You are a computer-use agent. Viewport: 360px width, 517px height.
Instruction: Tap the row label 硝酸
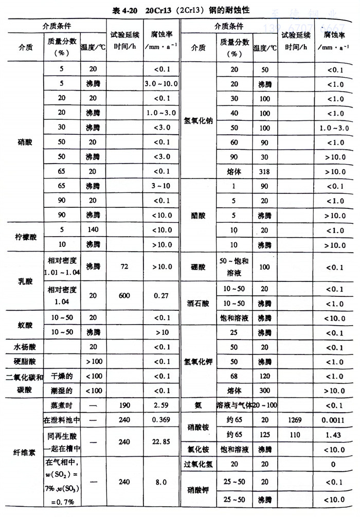[25, 141]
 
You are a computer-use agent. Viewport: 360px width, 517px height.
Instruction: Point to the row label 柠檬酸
[25, 237]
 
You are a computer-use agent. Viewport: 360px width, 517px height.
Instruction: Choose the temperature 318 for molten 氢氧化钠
[264, 170]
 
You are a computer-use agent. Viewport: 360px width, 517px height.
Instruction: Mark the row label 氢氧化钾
[198, 362]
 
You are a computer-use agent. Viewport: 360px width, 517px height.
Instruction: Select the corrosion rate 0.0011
[336, 420]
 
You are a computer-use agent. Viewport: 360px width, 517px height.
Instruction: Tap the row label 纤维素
[25, 453]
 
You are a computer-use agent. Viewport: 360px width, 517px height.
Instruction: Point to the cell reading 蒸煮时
[62, 405]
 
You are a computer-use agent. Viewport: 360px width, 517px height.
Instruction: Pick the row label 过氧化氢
[198, 463]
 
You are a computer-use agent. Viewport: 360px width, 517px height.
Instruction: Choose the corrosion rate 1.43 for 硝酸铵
[336, 434]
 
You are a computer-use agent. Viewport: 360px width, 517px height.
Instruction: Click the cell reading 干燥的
[62, 376]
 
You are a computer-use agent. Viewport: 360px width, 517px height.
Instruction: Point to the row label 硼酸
[198, 268]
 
